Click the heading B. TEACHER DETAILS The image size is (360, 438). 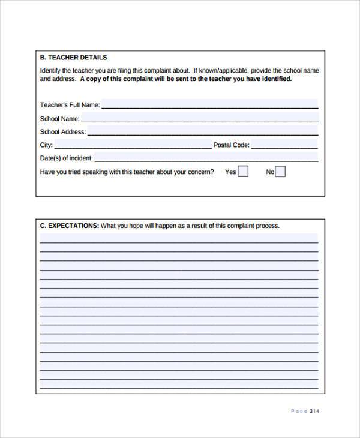pos(73,58)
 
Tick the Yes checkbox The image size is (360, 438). pos(243,172)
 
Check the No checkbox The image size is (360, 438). pos(280,172)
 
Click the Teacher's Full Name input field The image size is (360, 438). pos(209,104)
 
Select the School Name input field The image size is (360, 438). pos(199,118)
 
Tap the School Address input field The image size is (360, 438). pos(203,131)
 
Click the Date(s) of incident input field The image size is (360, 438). pos(206,157)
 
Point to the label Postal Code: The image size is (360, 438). pos(232,145)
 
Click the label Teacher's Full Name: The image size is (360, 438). pos(70,105)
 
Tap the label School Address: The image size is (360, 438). pos(63,131)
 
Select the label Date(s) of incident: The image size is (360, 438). pos(66,158)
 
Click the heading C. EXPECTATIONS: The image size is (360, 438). pos(69,226)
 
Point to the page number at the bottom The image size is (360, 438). pos(305,411)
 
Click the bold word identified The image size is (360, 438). pos(275,79)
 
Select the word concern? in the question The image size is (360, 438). pos(199,172)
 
